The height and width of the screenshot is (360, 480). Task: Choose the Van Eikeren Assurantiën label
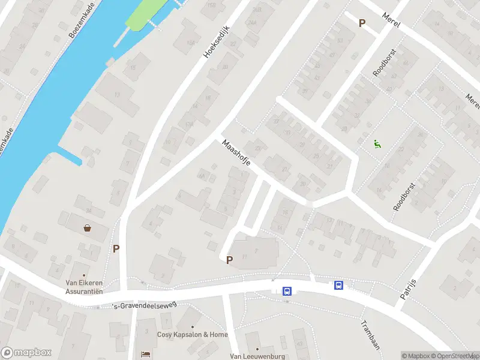coord(85,287)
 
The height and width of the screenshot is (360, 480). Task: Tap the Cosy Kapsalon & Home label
coord(192,334)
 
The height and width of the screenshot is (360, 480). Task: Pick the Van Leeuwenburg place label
coord(257,356)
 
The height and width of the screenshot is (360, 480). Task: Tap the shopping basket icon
coord(88,228)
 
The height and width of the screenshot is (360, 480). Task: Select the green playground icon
coord(377,143)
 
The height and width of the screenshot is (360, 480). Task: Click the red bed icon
coord(144,354)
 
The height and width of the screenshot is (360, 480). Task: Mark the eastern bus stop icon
coord(339,286)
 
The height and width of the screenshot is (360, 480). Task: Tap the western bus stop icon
coord(287,291)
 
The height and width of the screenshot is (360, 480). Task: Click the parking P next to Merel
coord(362,23)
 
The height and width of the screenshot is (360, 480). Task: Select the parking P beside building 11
coord(229,260)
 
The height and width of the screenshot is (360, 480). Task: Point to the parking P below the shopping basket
coord(116,248)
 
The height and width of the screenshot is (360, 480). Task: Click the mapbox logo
coord(26,353)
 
